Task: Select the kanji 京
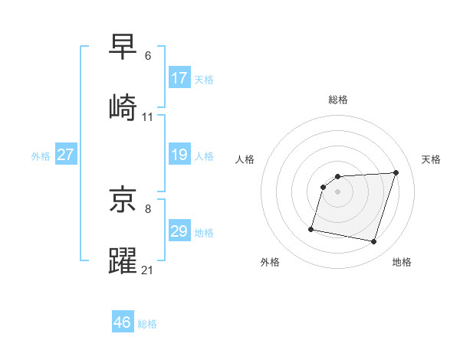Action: (x=123, y=201)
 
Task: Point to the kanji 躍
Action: (x=123, y=261)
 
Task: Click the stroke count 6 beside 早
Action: (x=148, y=56)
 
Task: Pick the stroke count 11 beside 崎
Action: (x=147, y=117)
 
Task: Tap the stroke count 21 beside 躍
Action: (x=147, y=271)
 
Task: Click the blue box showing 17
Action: (x=179, y=77)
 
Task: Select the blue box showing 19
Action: (x=179, y=155)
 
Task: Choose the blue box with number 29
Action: (x=179, y=231)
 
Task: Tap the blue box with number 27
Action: (x=66, y=155)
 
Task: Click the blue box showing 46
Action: (x=123, y=322)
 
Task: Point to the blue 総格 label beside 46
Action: (x=147, y=324)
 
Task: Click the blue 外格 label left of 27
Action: (x=41, y=156)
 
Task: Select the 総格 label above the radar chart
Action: (x=337, y=100)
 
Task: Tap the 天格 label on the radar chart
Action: (x=431, y=159)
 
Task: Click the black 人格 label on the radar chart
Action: (x=245, y=159)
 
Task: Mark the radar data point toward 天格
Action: (x=396, y=172)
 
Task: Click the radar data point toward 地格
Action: (x=373, y=242)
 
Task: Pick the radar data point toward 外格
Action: (x=311, y=228)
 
